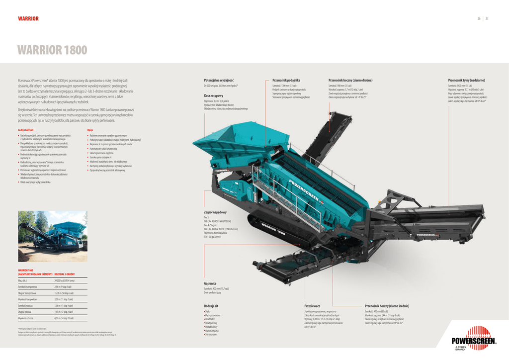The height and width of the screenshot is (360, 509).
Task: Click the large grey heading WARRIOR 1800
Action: click(x=52, y=50)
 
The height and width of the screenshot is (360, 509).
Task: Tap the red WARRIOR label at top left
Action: click(x=28, y=19)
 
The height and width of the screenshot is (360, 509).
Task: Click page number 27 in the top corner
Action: click(x=487, y=19)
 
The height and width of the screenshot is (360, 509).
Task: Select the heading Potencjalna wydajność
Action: click(x=219, y=80)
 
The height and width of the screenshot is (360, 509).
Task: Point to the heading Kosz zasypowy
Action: click(x=214, y=95)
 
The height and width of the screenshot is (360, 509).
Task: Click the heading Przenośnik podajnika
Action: click(x=286, y=80)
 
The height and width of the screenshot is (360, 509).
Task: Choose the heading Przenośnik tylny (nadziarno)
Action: click(x=466, y=80)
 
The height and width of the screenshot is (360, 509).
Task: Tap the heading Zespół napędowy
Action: click(x=216, y=212)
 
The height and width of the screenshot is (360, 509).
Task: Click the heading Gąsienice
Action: click(x=210, y=283)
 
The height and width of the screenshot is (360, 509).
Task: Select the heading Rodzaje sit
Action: click(x=211, y=306)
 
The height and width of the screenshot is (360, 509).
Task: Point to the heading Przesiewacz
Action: click(x=312, y=306)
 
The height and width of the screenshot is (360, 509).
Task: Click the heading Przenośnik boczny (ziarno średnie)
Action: click(x=387, y=306)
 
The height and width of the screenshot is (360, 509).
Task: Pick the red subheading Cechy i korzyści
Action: click(x=25, y=129)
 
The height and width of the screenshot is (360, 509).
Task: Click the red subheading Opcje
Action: click(x=90, y=129)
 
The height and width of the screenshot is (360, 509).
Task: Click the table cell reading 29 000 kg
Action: click(x=64, y=281)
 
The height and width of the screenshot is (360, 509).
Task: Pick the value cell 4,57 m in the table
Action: click(x=63, y=318)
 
